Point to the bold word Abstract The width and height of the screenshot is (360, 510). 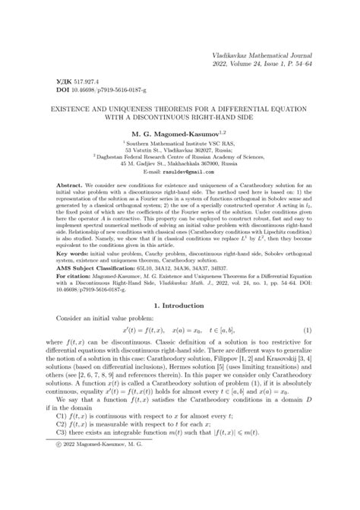63,185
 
